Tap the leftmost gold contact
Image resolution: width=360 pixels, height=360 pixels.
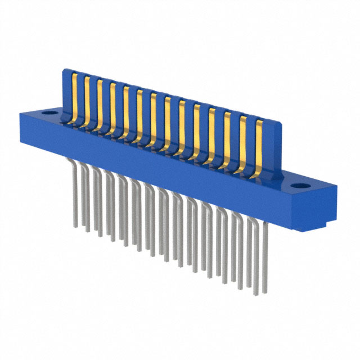pyautogui.click(x=74, y=96)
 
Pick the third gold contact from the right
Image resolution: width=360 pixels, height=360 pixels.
pyautogui.click(x=227, y=140)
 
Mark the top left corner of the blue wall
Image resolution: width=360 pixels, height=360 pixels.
pyautogui.click(x=63, y=69)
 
